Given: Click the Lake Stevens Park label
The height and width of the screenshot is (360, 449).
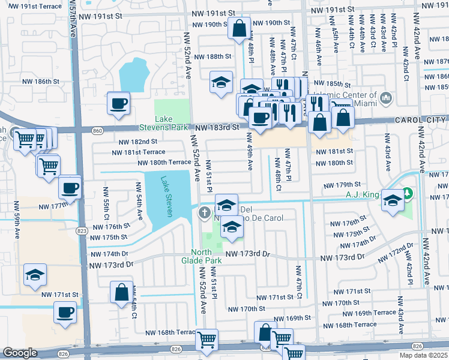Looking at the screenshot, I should (x=172, y=123).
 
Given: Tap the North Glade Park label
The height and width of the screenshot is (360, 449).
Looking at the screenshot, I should (x=206, y=256).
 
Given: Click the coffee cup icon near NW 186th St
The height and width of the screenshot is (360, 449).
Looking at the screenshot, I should (x=118, y=103).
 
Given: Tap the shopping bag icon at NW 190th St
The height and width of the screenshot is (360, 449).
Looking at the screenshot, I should (x=239, y=28).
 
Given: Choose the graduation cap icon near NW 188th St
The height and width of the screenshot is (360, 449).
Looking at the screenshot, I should (x=221, y=82).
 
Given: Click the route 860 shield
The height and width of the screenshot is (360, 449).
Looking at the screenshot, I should (x=98, y=128).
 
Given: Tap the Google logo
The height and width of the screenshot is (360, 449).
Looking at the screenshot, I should (x=20, y=353).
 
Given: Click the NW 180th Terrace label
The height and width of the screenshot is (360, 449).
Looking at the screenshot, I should (x=164, y=162).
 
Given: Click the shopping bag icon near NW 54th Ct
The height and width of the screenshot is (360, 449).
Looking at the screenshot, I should (x=121, y=292).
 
